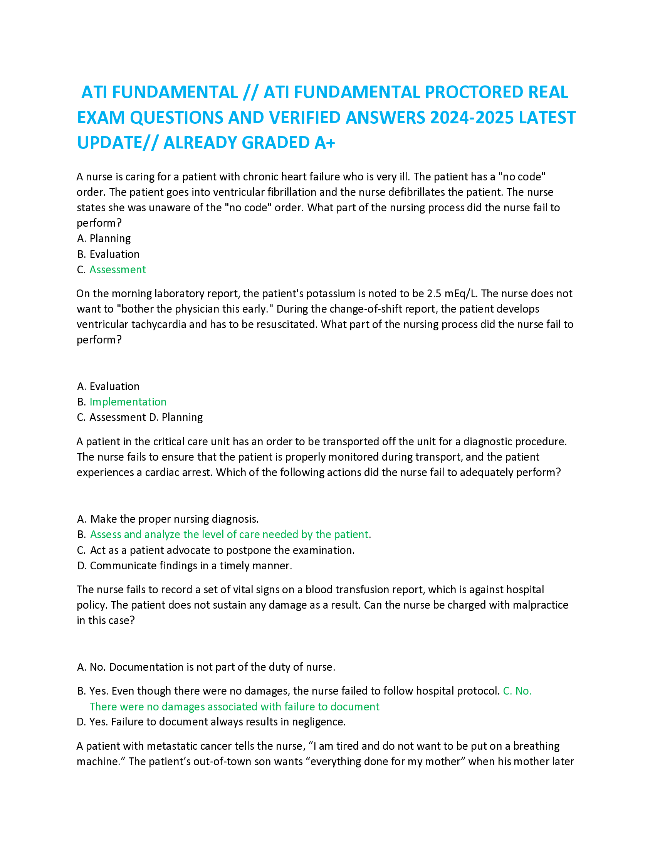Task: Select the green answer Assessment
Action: (118, 269)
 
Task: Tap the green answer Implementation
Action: (128, 402)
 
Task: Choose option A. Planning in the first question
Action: (104, 238)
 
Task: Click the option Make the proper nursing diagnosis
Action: (174, 519)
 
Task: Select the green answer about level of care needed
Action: (229, 534)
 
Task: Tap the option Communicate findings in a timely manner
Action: (190, 565)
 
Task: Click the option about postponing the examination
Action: (222, 550)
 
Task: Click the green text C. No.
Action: (517, 691)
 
